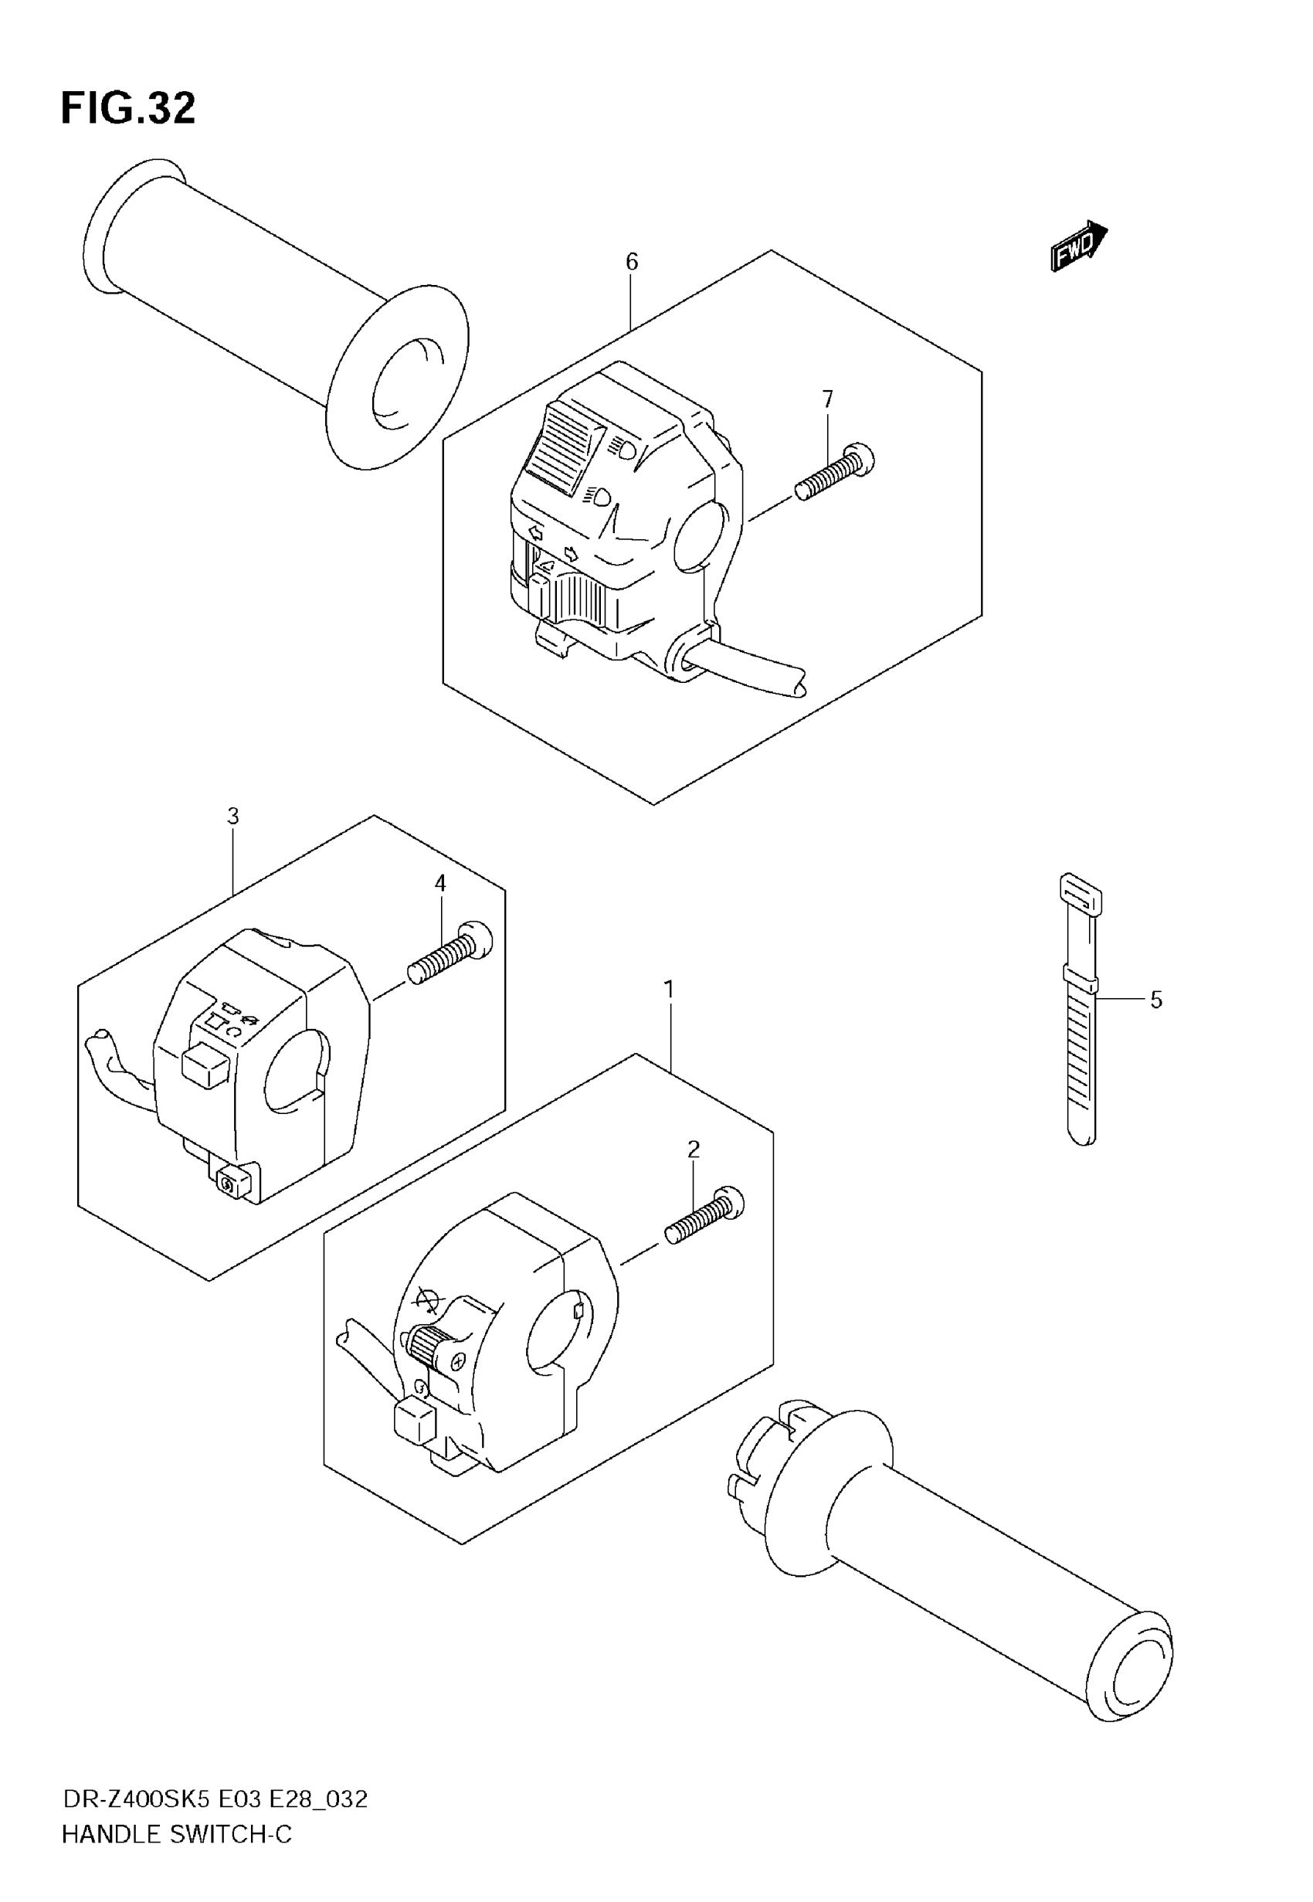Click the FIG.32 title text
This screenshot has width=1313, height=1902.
[128, 109]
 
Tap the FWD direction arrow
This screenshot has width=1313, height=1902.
[1077, 245]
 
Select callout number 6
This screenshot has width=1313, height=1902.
[631, 262]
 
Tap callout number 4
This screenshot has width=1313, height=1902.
[440, 884]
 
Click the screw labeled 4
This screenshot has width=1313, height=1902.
[450, 953]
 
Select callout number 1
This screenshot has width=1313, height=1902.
[669, 989]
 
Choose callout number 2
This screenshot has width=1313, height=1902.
[694, 1150]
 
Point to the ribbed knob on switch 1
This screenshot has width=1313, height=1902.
[428, 1346]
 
